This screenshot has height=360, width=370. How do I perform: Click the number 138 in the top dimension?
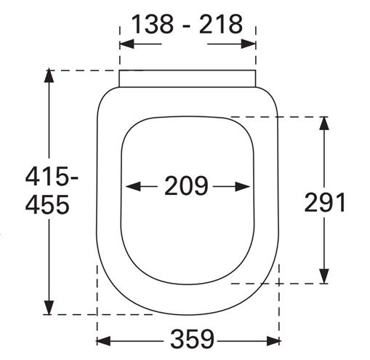pyautogui.click(x=153, y=24)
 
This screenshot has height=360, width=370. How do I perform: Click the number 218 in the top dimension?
pyautogui.click(x=220, y=24)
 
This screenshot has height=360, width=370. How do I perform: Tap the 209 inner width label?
pyautogui.click(x=186, y=185)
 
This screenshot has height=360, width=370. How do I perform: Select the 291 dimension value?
pyautogui.click(x=324, y=202)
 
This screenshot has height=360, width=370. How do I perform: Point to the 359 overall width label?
pyautogui.click(x=193, y=339)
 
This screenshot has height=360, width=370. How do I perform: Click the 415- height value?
pyautogui.click(x=52, y=176)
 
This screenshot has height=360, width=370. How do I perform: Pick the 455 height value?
pyautogui.click(x=47, y=204)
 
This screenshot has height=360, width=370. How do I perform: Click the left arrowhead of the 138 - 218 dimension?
pyautogui.click(x=126, y=44)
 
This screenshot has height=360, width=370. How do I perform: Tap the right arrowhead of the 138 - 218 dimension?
pyautogui.click(x=249, y=44)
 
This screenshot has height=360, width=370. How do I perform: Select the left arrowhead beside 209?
pyautogui.click(x=133, y=186)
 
